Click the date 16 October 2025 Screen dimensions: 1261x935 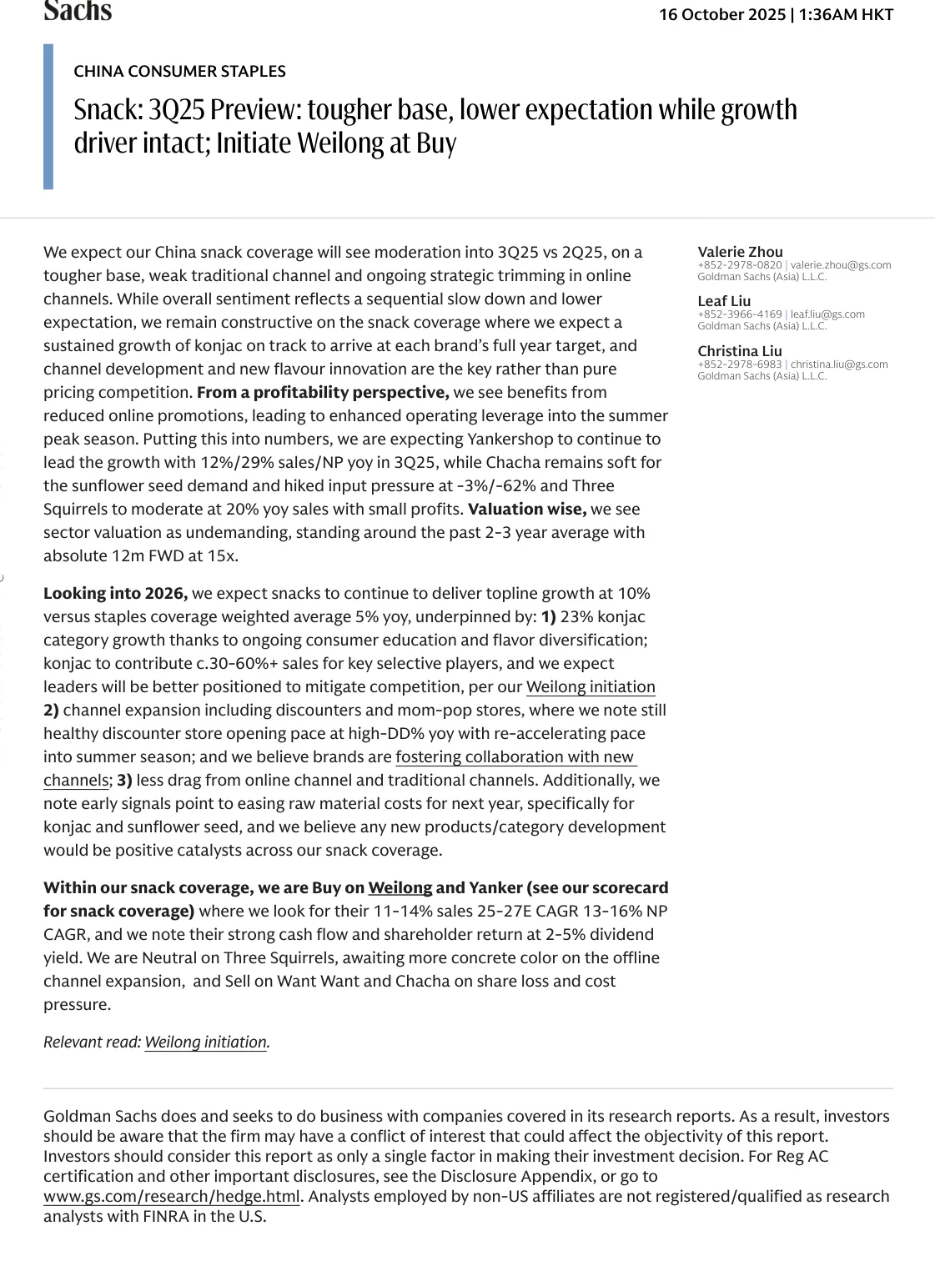point(721,14)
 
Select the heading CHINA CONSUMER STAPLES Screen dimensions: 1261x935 point(179,71)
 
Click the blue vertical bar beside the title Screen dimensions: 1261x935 point(48,117)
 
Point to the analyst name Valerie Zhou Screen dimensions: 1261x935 point(740,252)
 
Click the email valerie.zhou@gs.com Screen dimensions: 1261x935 point(840,265)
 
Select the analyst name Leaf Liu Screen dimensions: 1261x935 point(724,301)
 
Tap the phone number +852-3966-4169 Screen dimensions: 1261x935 point(739,314)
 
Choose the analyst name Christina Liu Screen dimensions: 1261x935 point(740,351)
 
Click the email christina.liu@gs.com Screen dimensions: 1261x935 point(838,364)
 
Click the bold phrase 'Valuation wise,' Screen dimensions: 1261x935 point(527,509)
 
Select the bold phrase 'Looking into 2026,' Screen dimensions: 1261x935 point(115,593)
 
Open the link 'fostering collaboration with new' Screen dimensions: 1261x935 point(515,756)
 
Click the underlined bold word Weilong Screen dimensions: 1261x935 point(400,887)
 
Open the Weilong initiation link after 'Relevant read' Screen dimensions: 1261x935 point(205,1042)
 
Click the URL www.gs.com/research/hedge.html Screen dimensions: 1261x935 point(171,1196)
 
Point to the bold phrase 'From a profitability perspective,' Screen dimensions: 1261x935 point(323,392)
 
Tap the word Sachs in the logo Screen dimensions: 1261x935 point(78,11)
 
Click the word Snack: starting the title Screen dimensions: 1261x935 point(108,110)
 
